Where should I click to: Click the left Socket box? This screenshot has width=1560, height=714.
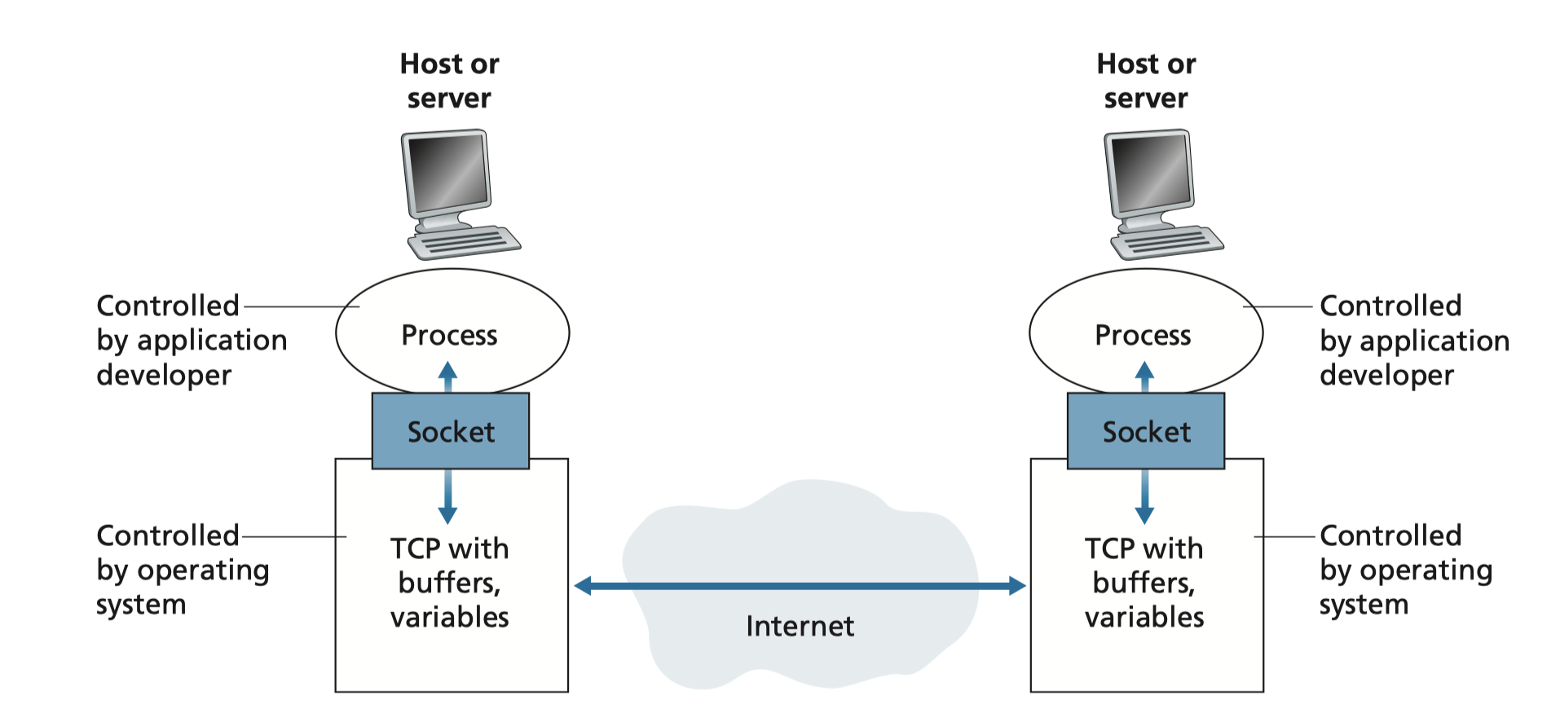(x=450, y=431)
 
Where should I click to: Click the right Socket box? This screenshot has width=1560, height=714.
(x=1145, y=431)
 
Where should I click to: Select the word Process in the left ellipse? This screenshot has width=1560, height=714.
(x=449, y=335)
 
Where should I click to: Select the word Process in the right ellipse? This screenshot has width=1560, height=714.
(x=1143, y=335)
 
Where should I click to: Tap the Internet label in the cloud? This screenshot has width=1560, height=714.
(x=800, y=626)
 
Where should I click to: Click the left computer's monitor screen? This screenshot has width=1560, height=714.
(x=447, y=172)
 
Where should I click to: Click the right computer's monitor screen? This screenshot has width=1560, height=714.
(x=1150, y=172)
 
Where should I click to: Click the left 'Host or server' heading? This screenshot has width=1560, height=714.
(x=449, y=81)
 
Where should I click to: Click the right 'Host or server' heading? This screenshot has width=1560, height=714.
(x=1146, y=81)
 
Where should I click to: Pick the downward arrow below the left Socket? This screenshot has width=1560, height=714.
(x=447, y=497)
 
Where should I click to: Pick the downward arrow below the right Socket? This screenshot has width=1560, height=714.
(x=1144, y=497)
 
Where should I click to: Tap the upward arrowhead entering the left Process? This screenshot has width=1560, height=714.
(x=447, y=372)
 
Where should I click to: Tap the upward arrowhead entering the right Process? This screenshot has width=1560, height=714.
(x=1144, y=372)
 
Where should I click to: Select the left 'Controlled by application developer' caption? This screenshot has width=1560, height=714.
(x=191, y=340)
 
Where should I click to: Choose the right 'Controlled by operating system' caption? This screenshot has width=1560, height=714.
(x=1405, y=570)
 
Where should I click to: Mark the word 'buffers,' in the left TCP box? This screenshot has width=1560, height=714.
(x=449, y=583)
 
